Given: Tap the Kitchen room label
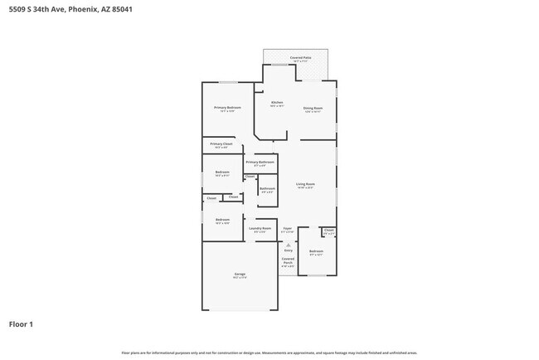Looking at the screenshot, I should pos(277,103).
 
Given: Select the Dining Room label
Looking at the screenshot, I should pos(313,109).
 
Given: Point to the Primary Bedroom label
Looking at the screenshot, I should pos(227,109).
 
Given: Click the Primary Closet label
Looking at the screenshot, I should pos(221,144).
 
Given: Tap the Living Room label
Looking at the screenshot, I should pos(305,184).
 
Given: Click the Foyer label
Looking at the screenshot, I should pos(288,228).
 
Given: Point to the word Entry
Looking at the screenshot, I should pos(289,250).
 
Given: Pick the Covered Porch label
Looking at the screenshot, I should pos(288,261).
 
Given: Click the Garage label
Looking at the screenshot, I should pos(240,274).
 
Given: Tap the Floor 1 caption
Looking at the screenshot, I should pos(21,324).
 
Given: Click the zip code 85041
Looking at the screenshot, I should pos(119,9).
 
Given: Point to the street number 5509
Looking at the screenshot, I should pos(17,9).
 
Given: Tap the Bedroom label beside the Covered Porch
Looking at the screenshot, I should pos(316,251).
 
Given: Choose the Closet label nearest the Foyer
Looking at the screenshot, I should pos(328,230).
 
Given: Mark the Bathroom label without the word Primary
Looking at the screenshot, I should pos(267,189).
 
